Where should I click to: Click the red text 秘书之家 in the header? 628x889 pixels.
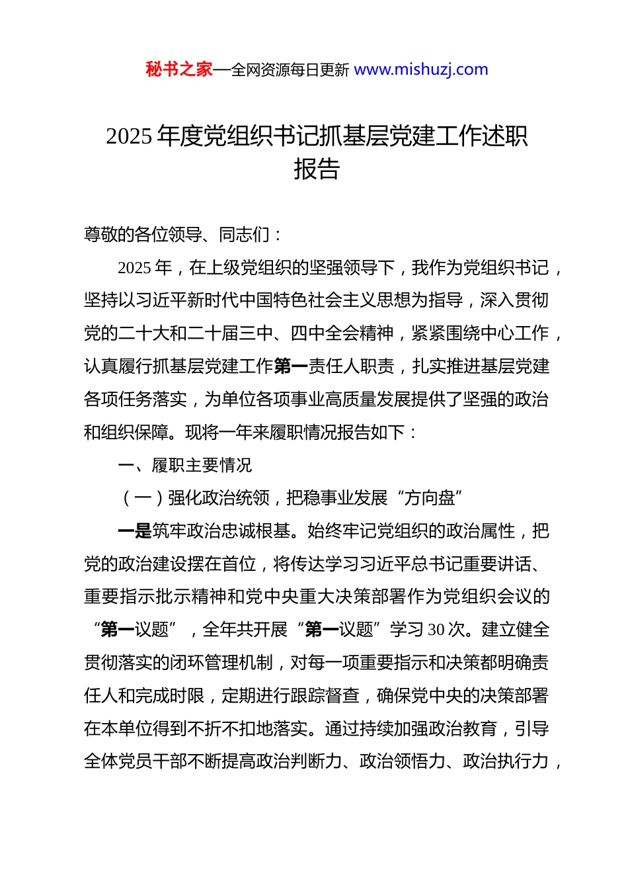[x=178, y=69]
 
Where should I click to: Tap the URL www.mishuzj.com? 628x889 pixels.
[x=421, y=69]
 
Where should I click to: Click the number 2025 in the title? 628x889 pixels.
[x=130, y=136]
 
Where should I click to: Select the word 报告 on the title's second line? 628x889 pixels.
[x=317, y=169]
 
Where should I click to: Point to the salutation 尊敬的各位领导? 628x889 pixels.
[x=143, y=234]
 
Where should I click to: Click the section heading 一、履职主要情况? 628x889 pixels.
[x=185, y=465]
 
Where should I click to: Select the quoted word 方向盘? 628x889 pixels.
[x=430, y=498]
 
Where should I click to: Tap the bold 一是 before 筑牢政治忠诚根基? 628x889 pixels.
[x=135, y=531]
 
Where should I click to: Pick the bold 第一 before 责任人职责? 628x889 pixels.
[x=291, y=366]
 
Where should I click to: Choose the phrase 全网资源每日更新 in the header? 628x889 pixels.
[x=290, y=70]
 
